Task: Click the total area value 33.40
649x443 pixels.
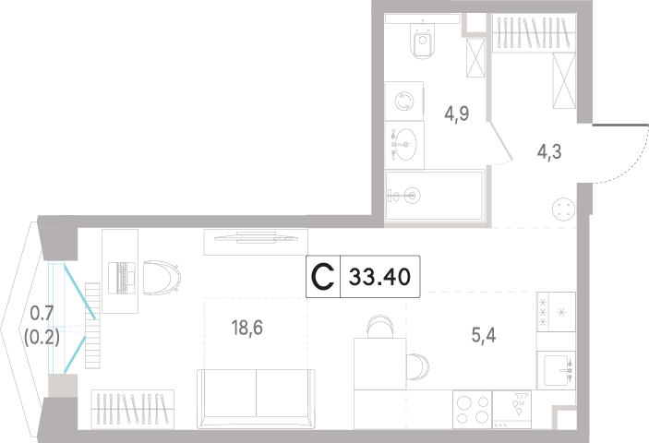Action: [x=379, y=277]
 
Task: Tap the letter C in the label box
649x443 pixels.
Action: [x=322, y=277]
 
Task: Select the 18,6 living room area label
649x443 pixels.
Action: [x=247, y=328]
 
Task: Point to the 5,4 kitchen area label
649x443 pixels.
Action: [x=484, y=335]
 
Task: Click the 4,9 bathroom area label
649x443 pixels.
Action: [x=457, y=113]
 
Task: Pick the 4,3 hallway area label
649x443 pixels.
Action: [x=549, y=151]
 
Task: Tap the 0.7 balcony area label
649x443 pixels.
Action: [x=42, y=313]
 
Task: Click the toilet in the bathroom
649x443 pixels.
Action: [x=422, y=39]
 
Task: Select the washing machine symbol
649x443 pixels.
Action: [x=404, y=101]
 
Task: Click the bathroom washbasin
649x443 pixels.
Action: [x=404, y=145]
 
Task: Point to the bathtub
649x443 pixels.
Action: [x=434, y=196]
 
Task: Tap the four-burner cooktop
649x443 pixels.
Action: [x=472, y=410]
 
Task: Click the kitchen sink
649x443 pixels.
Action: [x=556, y=370]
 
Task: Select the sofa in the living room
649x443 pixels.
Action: [x=257, y=398]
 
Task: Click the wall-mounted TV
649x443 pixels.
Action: [x=256, y=238]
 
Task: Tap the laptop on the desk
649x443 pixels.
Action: [x=122, y=278]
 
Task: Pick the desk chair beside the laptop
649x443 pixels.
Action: [x=162, y=278]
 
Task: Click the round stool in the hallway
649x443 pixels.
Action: [x=563, y=209]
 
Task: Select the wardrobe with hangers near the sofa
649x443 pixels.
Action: [x=132, y=410]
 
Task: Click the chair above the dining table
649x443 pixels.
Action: [x=380, y=326]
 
